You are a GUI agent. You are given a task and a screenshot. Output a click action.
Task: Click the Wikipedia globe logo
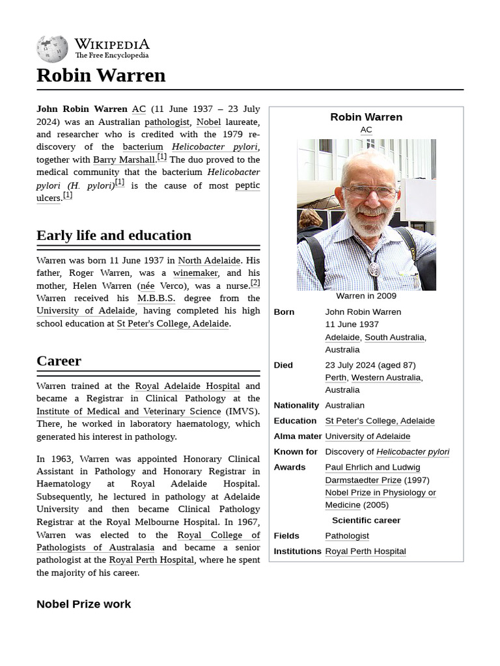coord(52,48)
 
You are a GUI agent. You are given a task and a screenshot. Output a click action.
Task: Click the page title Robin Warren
coord(101,75)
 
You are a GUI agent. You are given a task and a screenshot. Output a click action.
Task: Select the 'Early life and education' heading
coord(114,235)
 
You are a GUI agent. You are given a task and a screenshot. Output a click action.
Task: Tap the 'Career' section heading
coord(59,361)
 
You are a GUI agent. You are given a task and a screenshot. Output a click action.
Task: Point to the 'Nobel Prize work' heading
coord(83,604)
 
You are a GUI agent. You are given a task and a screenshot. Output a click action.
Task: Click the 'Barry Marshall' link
coord(124,160)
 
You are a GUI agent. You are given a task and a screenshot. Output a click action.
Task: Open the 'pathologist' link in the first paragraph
coord(167,122)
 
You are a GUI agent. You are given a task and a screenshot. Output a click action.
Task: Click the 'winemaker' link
coord(195,273)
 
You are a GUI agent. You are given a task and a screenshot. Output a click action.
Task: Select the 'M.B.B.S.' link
coord(156,299)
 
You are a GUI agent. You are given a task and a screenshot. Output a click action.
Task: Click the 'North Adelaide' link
coord(209,261)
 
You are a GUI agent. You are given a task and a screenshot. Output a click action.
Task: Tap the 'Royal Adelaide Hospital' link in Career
coord(187,386)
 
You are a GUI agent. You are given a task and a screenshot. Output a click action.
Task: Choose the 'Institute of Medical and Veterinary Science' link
coord(129,412)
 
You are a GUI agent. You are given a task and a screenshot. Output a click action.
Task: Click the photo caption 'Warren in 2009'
coord(366,296)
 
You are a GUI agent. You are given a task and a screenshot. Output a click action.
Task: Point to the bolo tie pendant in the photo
coord(374,267)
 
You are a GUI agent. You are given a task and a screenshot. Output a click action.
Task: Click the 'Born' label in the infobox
coord(284,312)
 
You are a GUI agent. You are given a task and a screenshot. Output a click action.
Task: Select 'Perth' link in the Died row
coord(336,378)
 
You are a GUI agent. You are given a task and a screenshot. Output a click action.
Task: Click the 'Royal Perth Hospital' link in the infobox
coord(365,552)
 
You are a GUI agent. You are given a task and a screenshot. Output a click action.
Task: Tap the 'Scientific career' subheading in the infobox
coord(366,520)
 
